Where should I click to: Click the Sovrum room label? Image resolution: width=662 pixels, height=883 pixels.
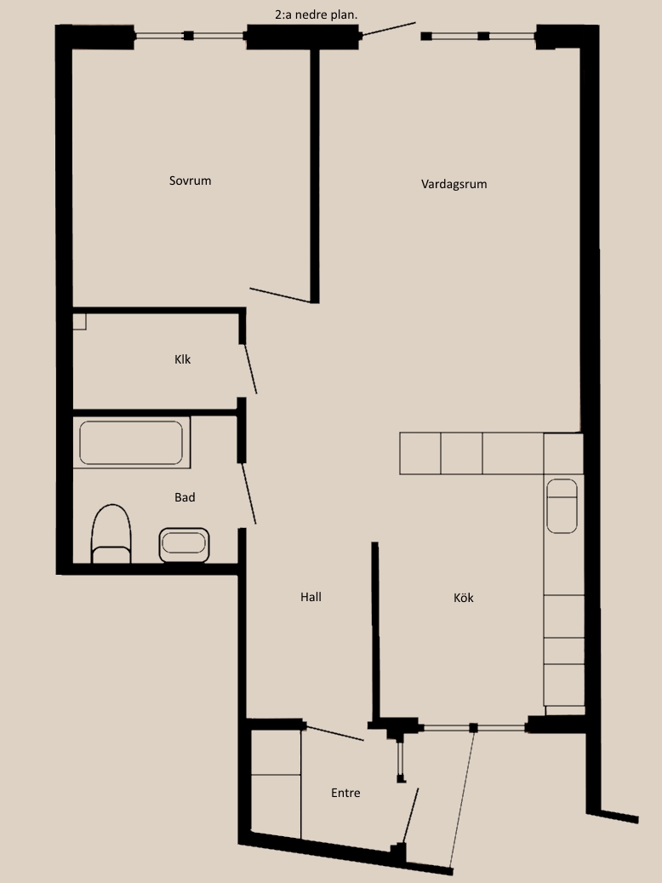coord(191,181)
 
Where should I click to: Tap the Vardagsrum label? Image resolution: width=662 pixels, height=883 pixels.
coord(454,184)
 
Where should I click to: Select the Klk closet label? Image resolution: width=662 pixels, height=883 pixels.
coord(182,359)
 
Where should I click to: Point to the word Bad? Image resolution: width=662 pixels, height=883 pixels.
coord(185,497)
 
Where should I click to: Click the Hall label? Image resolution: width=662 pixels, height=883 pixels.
coord(311,597)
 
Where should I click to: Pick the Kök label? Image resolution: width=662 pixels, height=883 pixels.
coord(463,598)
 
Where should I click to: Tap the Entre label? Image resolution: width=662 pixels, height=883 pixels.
coord(345,793)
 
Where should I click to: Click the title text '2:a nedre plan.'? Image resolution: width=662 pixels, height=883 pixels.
coord(317,15)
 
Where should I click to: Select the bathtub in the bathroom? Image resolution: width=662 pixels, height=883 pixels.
coord(131,443)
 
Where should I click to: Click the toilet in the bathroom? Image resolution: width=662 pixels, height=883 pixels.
coord(111,534)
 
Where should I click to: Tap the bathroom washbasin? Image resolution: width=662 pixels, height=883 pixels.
coord(184,545)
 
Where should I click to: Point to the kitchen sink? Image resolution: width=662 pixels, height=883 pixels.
coord(562,507)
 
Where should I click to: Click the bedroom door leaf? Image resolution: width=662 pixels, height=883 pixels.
coord(280,295)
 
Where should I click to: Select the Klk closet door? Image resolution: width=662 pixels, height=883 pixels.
coord(250,369)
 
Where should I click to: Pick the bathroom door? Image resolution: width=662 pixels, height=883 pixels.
coord(248,493)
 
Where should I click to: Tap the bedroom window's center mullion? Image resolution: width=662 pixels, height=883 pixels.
coord(189,36)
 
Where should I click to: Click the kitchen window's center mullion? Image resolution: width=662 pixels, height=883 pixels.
coord(473,728)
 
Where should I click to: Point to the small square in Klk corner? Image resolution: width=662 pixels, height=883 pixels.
coord(79,322)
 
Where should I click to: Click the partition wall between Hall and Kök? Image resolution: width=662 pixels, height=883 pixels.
coord(375,631)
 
